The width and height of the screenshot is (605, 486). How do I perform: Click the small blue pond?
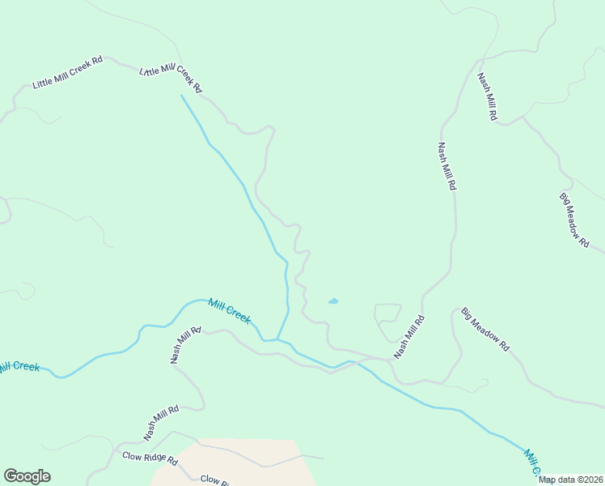tap(333, 302)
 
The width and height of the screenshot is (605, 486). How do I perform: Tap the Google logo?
tap(27, 476)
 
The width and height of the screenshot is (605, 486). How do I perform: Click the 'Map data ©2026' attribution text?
tap(571, 480)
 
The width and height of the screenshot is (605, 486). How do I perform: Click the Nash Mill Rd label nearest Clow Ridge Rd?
tap(161, 423)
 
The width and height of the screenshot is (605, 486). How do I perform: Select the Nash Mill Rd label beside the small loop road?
tap(409, 337)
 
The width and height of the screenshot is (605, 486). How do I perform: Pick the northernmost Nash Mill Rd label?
tap(486, 97)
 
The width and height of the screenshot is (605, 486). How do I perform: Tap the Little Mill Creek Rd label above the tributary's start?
tap(171, 79)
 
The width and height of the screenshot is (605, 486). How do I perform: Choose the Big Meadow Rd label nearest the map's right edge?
tap(574, 220)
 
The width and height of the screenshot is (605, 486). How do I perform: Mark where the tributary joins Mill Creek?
tap(277, 339)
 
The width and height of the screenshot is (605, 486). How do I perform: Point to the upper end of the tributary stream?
tap(181, 96)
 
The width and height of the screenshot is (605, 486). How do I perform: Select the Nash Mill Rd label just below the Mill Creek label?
tap(185, 345)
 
